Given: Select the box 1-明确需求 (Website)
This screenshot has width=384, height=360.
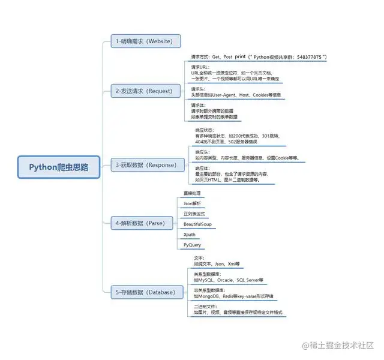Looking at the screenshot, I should pyautogui.click(x=146, y=41).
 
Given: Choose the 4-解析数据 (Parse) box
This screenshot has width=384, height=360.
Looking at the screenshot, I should pyautogui.click(x=145, y=223).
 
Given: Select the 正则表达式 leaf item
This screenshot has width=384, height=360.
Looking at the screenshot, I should pyautogui.click(x=194, y=214).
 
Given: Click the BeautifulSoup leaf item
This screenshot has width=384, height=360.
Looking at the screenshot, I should pyautogui.click(x=197, y=224).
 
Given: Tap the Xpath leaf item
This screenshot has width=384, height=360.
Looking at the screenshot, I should pyautogui.click(x=189, y=235).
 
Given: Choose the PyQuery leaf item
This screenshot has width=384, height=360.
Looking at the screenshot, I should pyautogui.click(x=192, y=245).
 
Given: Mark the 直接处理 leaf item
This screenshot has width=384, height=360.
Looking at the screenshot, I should pyautogui.click(x=192, y=193).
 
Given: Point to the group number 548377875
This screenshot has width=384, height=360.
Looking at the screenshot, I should pyautogui.click(x=307, y=57).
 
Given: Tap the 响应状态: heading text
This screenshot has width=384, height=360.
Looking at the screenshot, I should pyautogui.click(x=205, y=130).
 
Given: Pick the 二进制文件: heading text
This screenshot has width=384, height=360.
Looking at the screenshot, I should pyautogui.click(x=205, y=307).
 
